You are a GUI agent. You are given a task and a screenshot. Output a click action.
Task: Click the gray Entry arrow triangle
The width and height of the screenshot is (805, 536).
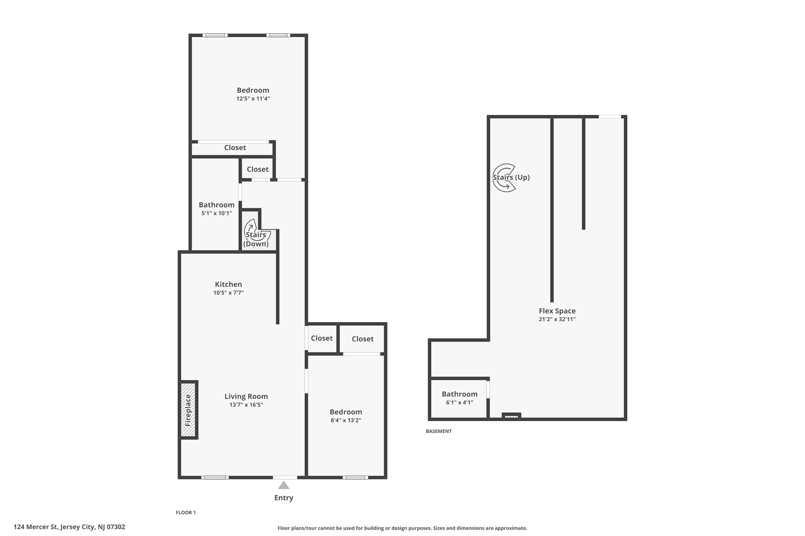(284, 485)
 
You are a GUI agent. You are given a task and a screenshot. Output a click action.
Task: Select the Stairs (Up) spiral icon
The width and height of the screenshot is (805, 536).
(504, 178)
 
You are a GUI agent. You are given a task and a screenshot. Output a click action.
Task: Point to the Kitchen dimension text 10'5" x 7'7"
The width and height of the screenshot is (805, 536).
(228, 293)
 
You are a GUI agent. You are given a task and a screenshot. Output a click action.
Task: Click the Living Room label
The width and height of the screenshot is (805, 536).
(246, 396)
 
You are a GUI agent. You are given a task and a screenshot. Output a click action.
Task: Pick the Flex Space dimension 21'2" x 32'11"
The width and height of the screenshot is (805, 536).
(557, 319)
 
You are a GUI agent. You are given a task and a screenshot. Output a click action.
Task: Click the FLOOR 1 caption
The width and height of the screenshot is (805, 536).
(185, 512)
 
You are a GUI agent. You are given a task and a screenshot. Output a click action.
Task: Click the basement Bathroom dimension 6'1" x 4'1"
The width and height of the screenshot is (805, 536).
(460, 402)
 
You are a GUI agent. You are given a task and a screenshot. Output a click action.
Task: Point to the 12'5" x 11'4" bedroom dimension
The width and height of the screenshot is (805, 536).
(253, 98)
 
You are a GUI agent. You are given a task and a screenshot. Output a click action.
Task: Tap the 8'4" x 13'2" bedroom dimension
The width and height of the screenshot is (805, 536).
(346, 420)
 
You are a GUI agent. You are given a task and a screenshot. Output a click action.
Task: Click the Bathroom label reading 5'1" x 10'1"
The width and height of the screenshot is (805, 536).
(217, 213)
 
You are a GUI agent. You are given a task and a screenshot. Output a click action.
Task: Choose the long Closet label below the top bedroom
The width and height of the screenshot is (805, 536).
(235, 147)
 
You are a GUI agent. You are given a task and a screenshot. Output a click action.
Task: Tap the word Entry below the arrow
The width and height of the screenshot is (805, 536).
(284, 498)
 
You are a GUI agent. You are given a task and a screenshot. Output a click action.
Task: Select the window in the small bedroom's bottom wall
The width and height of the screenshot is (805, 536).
(355, 477)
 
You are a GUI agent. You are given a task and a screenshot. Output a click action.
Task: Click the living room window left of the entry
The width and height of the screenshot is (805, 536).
(215, 477)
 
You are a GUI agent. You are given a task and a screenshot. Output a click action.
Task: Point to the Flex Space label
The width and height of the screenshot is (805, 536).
(557, 311)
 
